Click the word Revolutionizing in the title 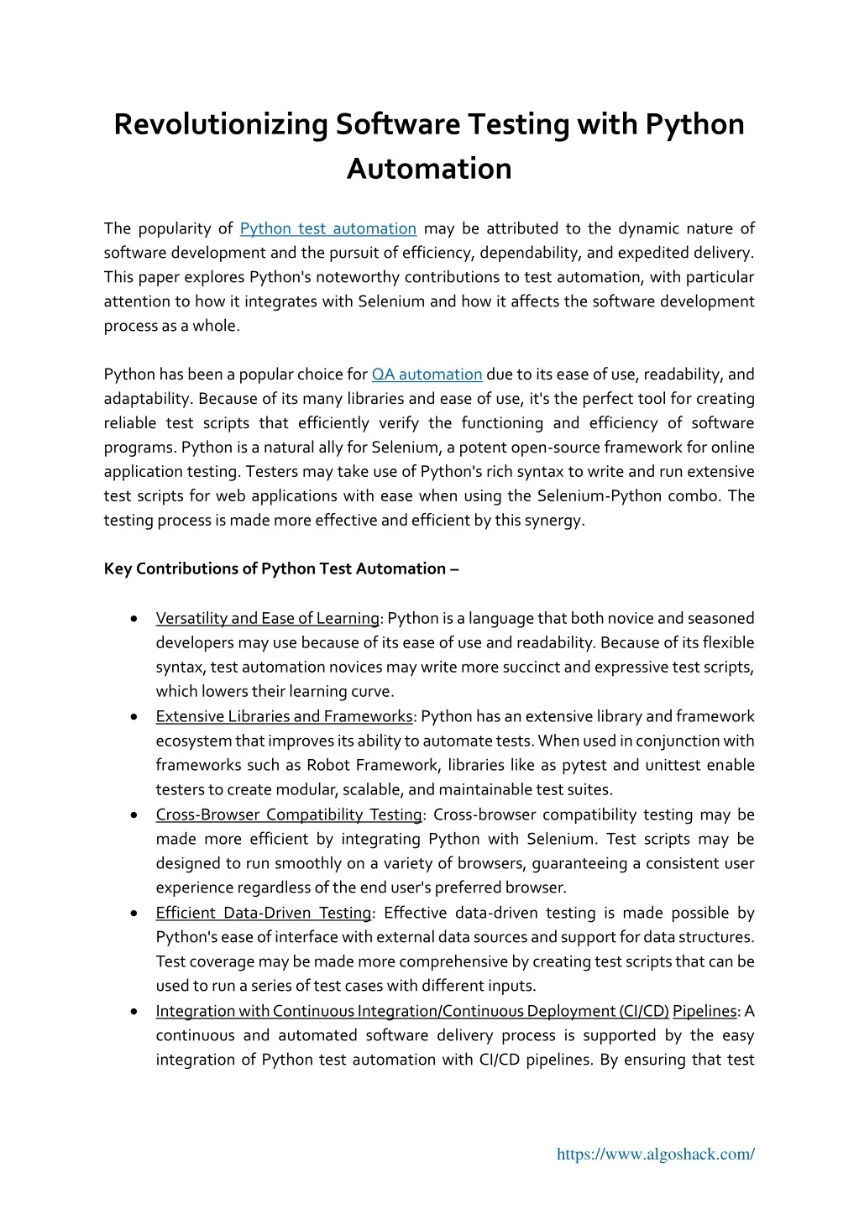[x=220, y=124]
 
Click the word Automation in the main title [x=429, y=169]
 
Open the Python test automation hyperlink [x=327, y=228]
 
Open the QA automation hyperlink [x=427, y=374]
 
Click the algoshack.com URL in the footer [x=655, y=1154]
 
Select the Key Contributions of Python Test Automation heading [x=281, y=568]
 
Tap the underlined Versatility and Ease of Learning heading [x=267, y=619]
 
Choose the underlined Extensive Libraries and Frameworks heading [x=284, y=716]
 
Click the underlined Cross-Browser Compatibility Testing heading [x=289, y=814]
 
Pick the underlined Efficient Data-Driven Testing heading [x=264, y=913]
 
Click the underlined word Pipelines [x=704, y=1011]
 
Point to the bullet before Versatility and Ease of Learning [x=134, y=619]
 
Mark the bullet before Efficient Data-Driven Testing [x=134, y=913]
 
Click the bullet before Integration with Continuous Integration [x=134, y=1011]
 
